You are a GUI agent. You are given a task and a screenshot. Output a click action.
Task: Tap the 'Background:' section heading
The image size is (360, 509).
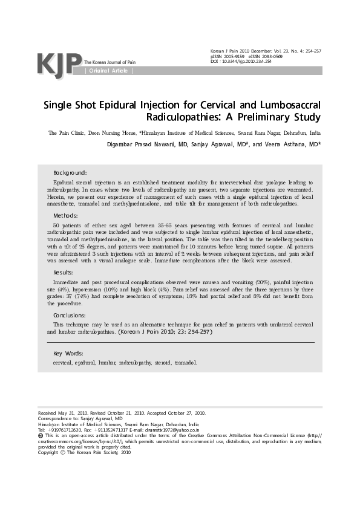click(70, 172)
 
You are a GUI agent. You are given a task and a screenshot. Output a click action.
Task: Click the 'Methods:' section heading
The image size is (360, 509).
click(65, 215)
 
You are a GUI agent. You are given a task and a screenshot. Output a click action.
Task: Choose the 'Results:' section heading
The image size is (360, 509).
click(65, 273)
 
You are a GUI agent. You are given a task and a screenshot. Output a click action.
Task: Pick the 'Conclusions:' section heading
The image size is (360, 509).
click(70, 315)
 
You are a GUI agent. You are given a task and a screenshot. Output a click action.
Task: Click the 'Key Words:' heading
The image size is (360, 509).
click(68, 353)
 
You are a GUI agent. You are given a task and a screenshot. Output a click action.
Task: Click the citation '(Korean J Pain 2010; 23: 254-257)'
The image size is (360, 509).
click(164, 332)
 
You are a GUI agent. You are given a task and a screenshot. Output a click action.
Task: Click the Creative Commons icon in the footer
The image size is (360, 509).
click(41, 435)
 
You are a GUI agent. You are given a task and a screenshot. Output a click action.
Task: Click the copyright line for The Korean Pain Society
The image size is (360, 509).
click(84, 452)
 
